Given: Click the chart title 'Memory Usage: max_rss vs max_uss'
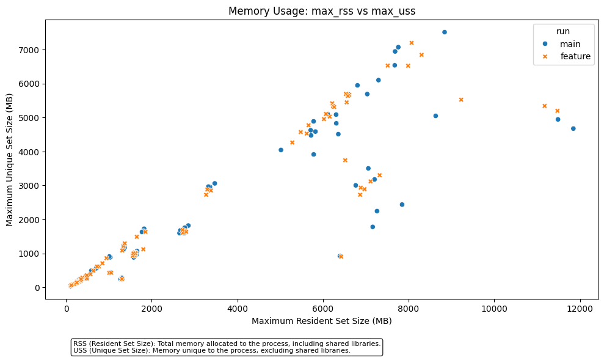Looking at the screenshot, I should [322, 11].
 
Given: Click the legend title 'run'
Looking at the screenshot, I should [562, 31].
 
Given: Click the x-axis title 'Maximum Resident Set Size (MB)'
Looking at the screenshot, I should [322, 321].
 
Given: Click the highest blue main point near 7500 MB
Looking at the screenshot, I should [444, 32].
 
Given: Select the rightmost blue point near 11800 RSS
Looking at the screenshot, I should [573, 128].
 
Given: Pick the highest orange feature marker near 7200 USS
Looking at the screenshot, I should [412, 43].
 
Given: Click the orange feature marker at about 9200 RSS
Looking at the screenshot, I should [461, 100].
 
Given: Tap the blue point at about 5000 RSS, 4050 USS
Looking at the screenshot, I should [281, 150].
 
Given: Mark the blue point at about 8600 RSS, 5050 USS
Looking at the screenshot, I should [435, 116].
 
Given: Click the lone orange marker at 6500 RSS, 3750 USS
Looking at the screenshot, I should [345, 160].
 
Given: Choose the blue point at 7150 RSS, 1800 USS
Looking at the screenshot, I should [373, 227].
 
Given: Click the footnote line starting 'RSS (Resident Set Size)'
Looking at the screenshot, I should [227, 343].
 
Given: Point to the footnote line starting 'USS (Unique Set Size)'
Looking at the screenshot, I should [212, 351].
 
